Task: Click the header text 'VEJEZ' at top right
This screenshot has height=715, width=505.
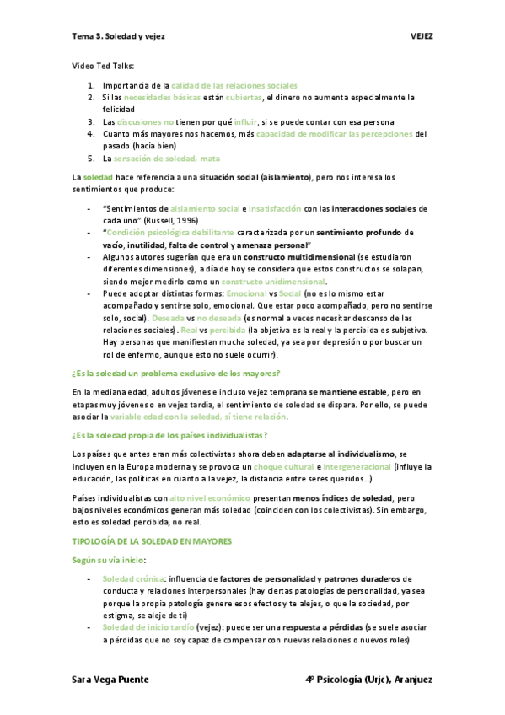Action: click(421, 37)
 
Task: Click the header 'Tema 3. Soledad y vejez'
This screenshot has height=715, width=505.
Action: click(118, 37)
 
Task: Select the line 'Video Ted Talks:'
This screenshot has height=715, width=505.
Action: click(103, 65)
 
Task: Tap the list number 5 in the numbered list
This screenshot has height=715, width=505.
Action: click(91, 158)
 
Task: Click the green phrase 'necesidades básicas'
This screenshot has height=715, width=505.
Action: click(152, 98)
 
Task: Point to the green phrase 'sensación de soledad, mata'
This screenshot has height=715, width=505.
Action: click(168, 158)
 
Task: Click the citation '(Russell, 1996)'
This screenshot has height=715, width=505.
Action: click(169, 219)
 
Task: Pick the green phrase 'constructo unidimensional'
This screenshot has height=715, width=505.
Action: click(273, 281)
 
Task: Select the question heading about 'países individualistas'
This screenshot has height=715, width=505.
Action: click(169, 435)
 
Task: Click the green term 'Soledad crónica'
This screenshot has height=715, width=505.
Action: click(132, 579)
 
